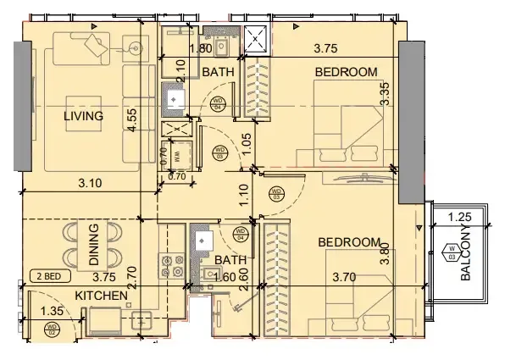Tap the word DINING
pyautogui.click(x=93, y=246)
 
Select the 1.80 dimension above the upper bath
pyautogui.click(x=200, y=49)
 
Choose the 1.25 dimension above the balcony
pyautogui.click(x=458, y=218)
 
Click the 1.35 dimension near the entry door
pyautogui.click(x=51, y=312)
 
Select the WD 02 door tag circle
pyautogui.click(x=52, y=328)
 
